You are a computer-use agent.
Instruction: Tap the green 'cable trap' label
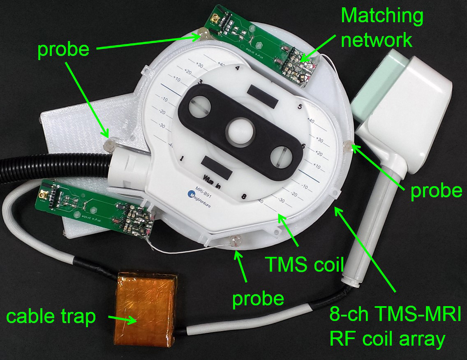pos(51,317)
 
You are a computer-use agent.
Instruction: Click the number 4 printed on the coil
pos(237,69)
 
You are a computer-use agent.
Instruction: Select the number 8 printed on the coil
pos(244,197)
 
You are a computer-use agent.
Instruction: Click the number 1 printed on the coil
pos(181,158)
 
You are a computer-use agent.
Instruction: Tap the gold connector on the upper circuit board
pos(215,18)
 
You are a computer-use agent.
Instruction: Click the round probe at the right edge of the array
pos(347,146)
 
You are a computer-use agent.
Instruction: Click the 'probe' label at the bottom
pos(258,299)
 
